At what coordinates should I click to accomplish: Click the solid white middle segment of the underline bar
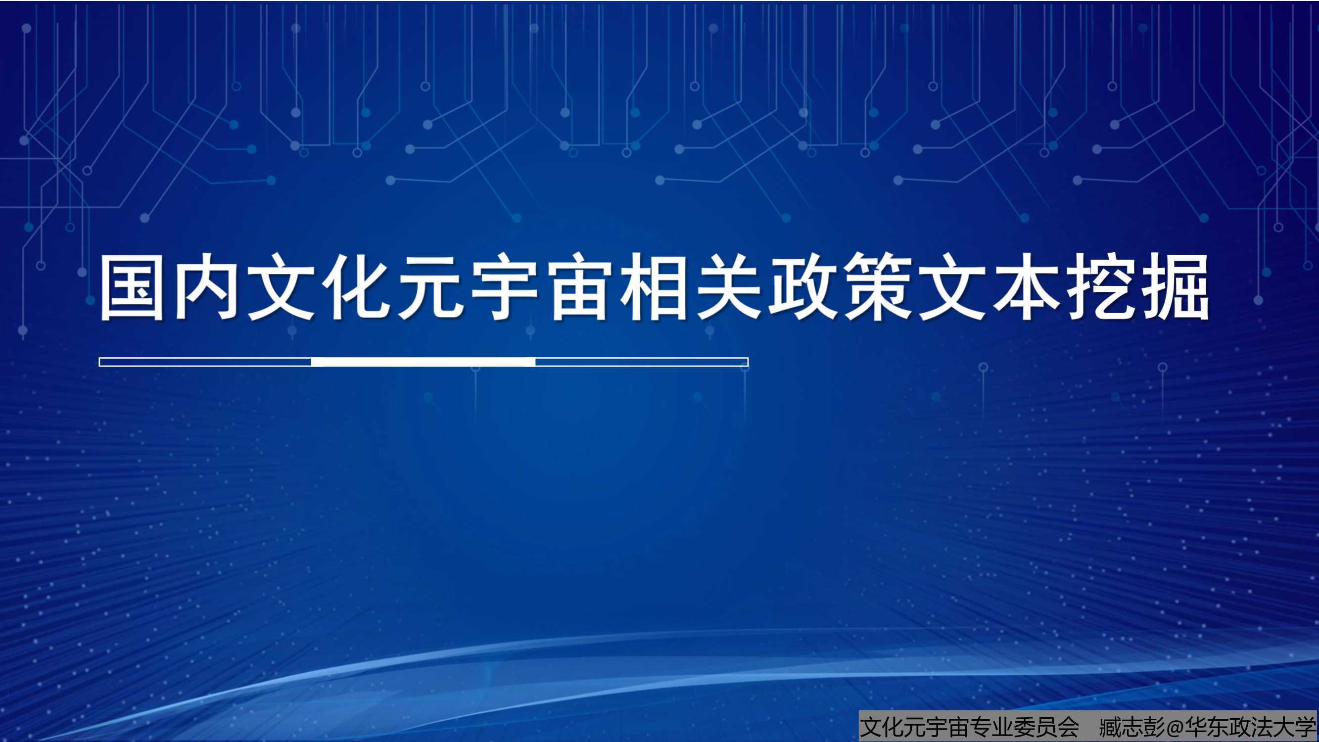424,362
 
